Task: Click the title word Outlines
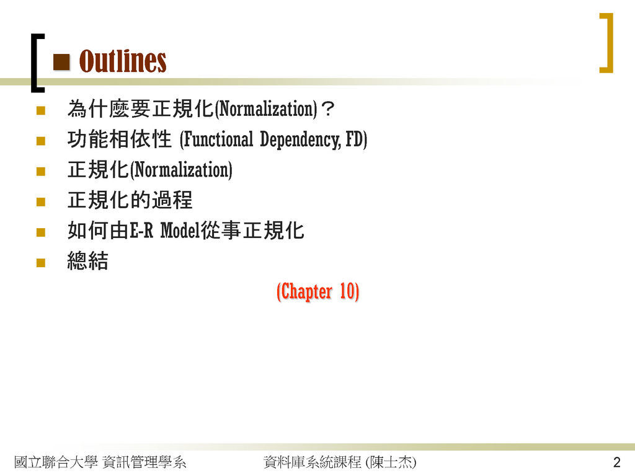(123, 61)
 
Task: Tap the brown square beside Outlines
(61, 62)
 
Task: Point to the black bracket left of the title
(37, 63)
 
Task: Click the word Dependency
(301, 139)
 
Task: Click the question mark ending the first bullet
(327, 108)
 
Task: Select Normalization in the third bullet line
(182, 170)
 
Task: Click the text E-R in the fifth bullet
(141, 231)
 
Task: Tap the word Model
(180, 231)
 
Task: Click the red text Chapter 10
(318, 291)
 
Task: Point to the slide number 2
(617, 462)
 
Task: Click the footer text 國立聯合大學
(56, 462)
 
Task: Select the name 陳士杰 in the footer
(391, 462)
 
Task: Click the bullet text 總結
(88, 261)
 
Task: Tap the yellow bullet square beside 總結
(40, 263)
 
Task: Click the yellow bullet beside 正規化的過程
(40, 201)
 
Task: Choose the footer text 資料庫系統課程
(312, 462)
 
